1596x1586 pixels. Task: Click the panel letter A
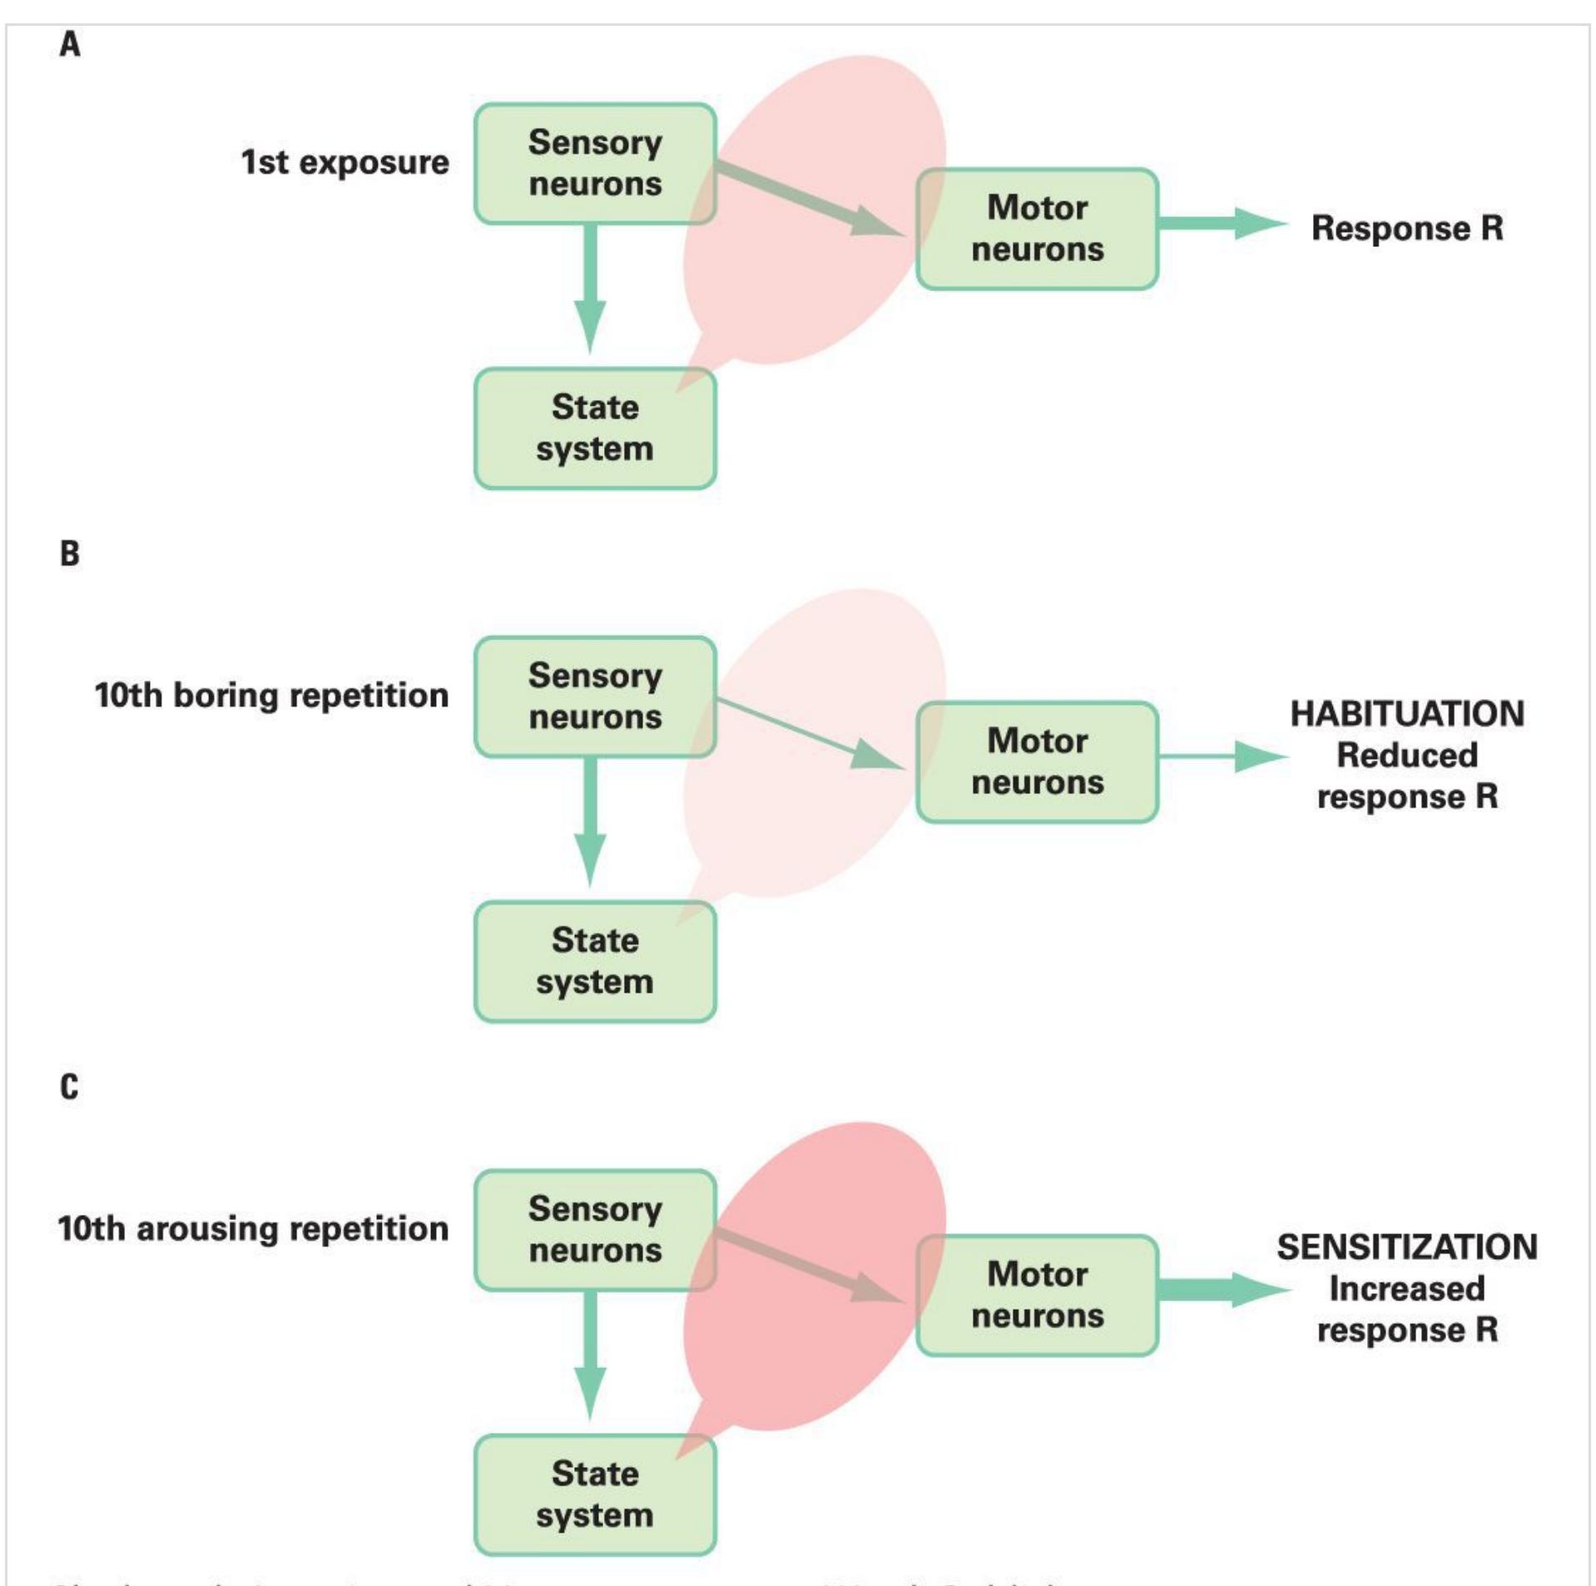coord(70,44)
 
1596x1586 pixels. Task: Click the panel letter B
coord(70,553)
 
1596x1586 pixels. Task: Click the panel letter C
coord(70,1087)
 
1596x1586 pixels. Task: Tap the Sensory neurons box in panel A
coord(595,163)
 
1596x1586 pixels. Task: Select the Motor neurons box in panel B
coord(1037,761)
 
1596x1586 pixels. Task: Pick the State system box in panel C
coord(595,1494)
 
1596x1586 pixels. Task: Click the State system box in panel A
coord(595,428)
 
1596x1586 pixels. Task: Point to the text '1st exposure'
coord(344,162)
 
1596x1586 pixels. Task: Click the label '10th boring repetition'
coord(271,696)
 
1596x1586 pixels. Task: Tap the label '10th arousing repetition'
coord(253,1229)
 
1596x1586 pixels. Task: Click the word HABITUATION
coord(1407,714)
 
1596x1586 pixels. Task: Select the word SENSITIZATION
coord(1407,1247)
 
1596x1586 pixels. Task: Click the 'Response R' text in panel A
coord(1407,228)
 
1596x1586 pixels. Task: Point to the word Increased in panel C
coord(1407,1289)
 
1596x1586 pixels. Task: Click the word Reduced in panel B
coord(1407,756)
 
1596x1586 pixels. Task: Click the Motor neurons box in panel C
coord(1037,1295)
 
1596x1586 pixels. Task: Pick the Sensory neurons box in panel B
coord(595,696)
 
